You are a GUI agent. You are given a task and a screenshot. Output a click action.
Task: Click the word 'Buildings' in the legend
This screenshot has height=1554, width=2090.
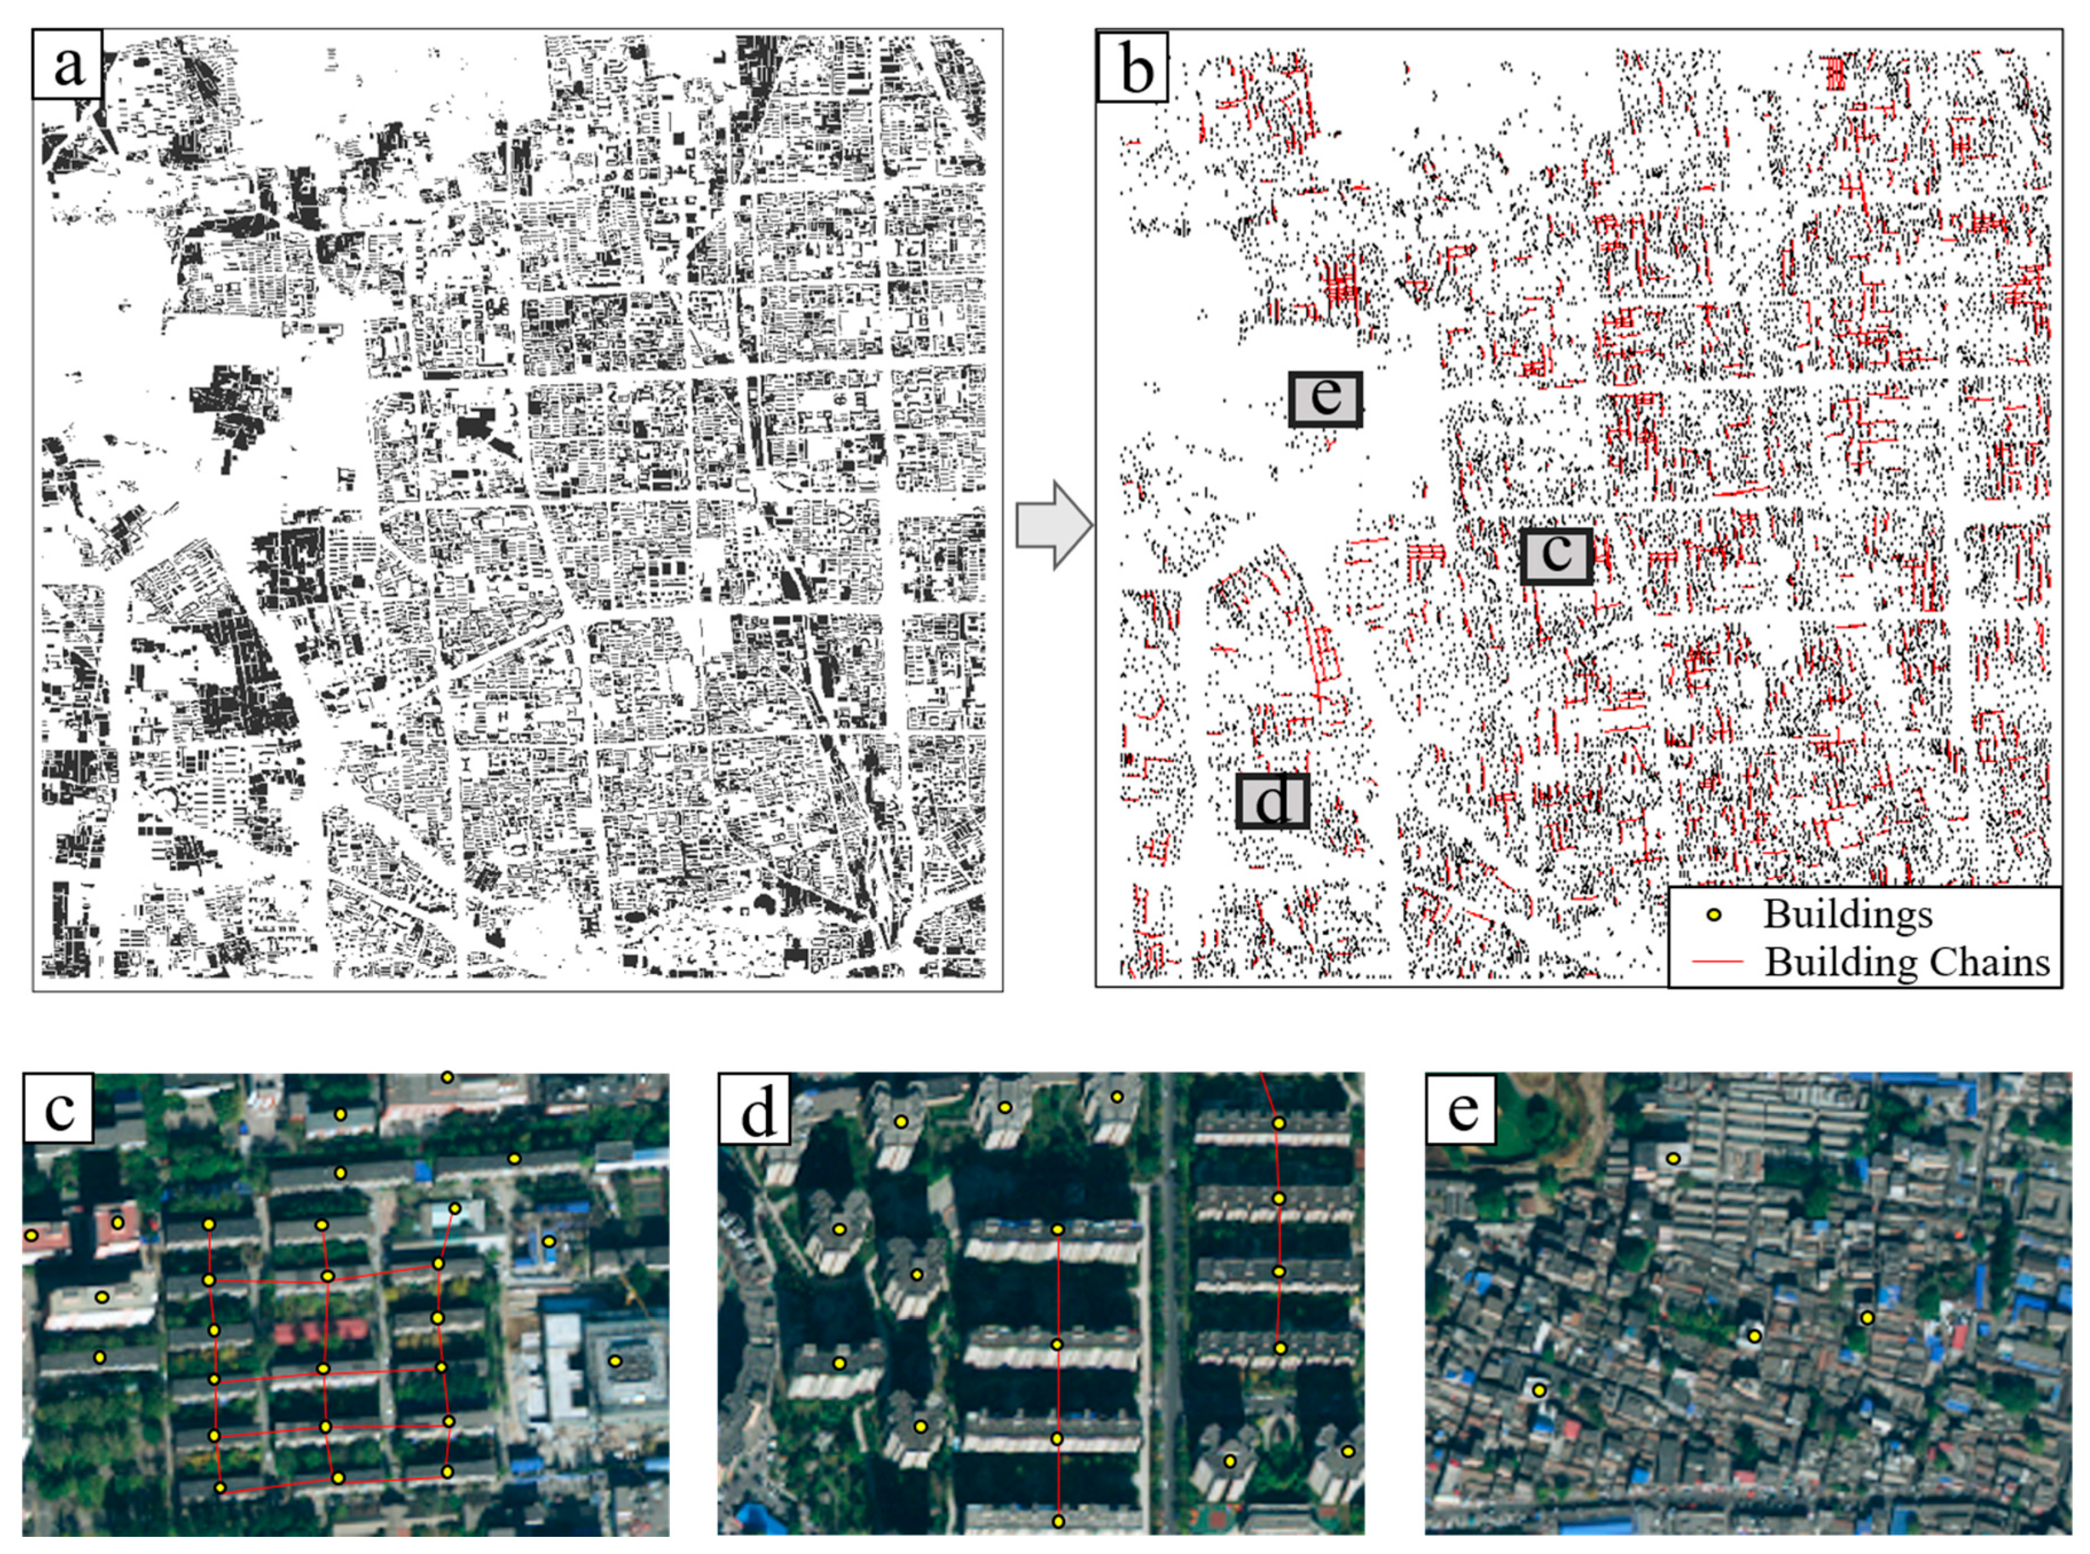click(1847, 914)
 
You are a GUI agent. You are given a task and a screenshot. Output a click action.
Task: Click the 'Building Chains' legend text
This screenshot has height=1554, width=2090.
click(1907, 961)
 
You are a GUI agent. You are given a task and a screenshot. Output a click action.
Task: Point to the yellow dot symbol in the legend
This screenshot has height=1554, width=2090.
click(1714, 914)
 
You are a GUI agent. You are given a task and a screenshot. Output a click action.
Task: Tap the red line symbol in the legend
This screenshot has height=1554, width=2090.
click(1716, 961)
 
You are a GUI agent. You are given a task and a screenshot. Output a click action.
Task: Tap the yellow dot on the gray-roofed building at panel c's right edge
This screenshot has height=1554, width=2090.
click(615, 1360)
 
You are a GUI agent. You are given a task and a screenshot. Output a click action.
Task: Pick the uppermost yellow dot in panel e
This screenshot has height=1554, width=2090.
click(1672, 1158)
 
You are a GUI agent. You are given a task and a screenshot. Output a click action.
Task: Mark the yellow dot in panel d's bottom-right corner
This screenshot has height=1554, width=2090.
click(1348, 1452)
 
